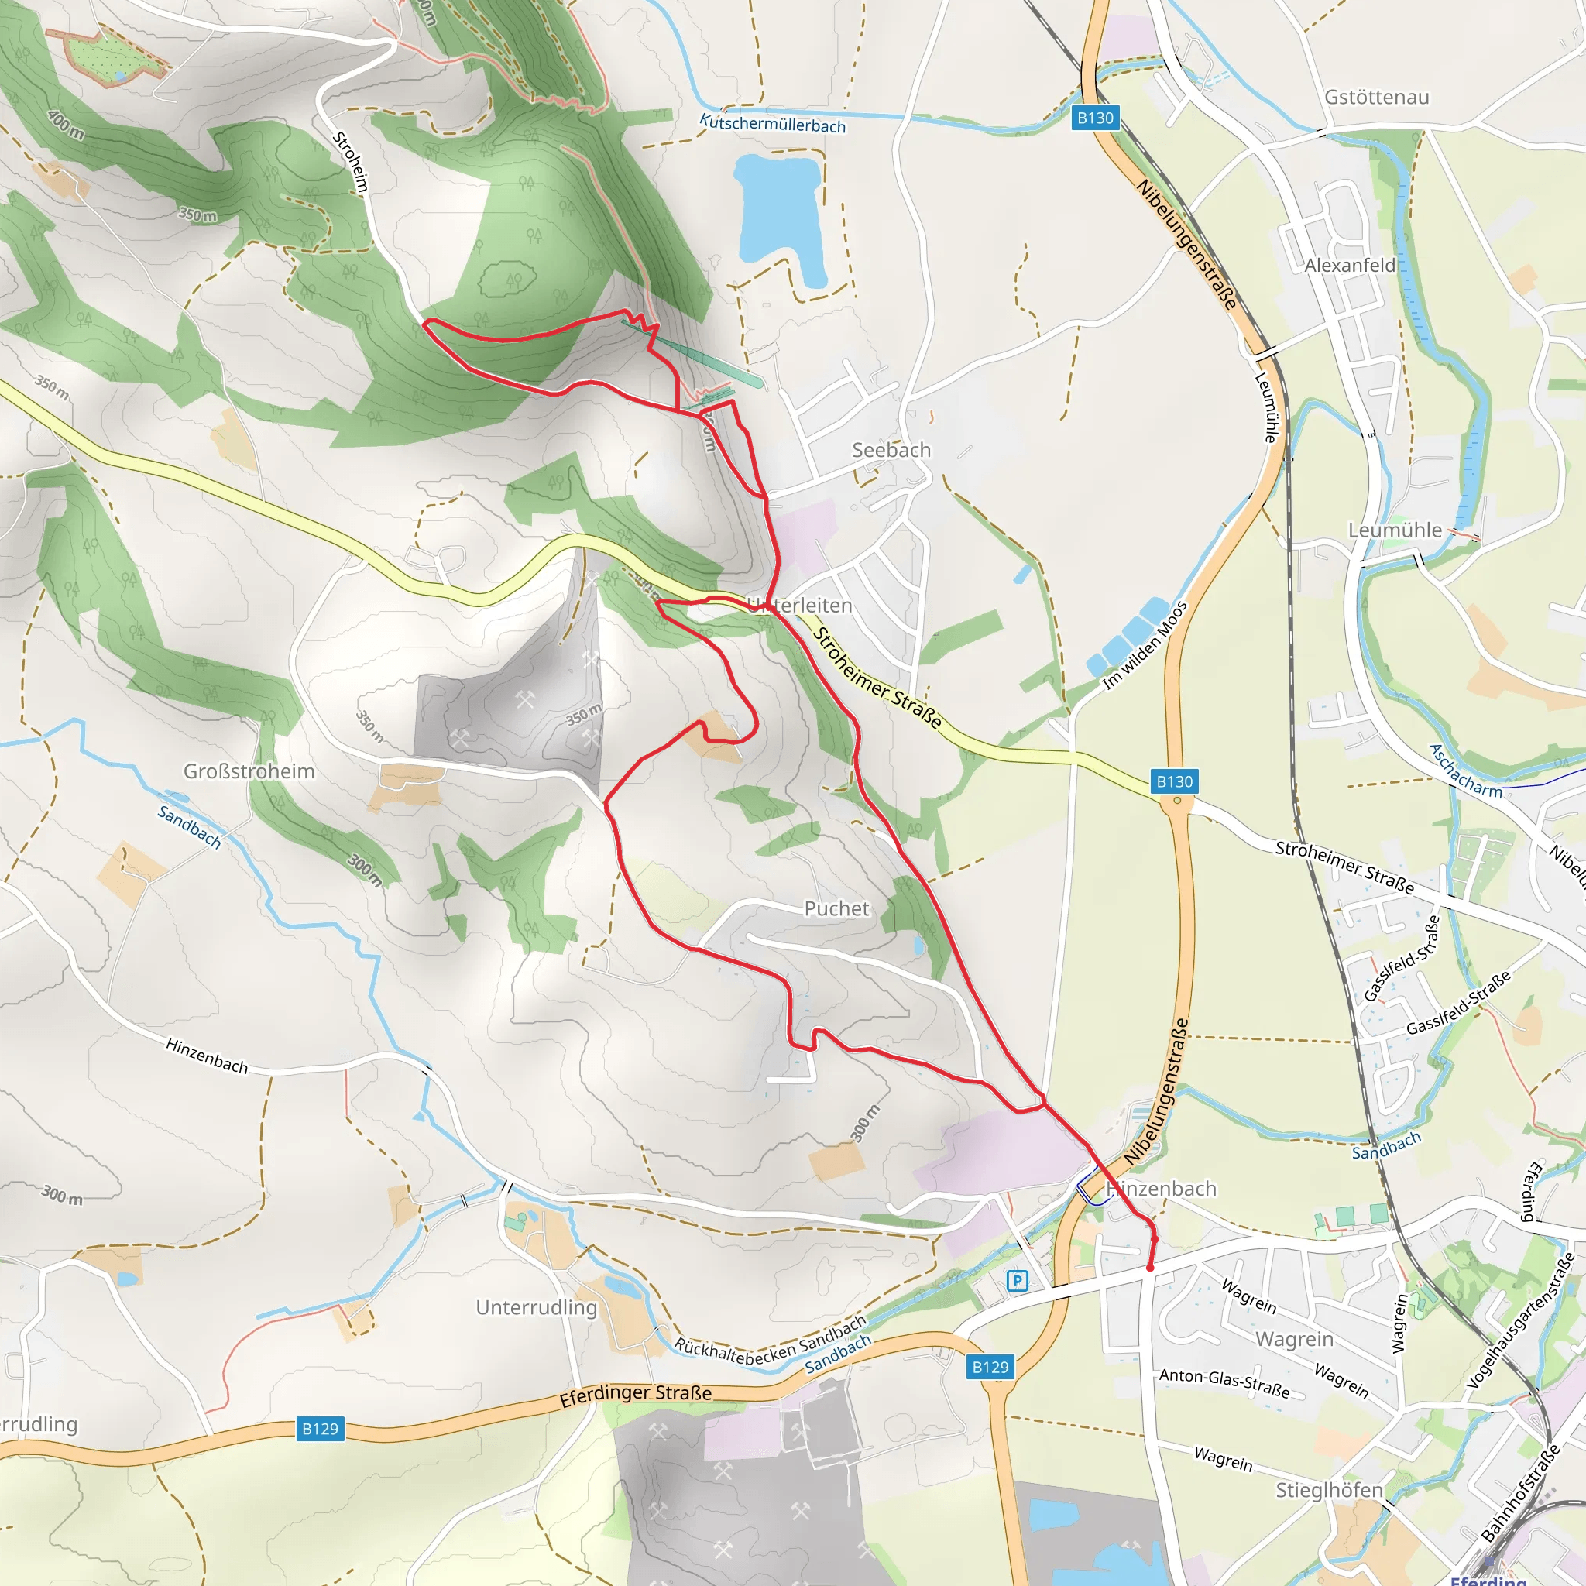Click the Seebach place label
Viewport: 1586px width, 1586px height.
891,450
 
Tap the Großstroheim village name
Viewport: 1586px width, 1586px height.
249,771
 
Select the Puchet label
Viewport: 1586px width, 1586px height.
836,908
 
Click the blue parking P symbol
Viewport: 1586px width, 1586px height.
1017,1281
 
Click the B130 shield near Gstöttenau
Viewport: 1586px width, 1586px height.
1095,118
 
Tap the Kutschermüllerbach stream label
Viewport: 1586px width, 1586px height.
771,124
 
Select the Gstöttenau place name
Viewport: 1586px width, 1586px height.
1377,97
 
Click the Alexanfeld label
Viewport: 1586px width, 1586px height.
1350,265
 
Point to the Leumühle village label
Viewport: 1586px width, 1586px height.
1395,530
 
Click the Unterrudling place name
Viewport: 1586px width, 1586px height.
536,1307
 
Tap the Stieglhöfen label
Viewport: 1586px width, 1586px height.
1329,1489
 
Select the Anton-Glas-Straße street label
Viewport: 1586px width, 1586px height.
1224,1383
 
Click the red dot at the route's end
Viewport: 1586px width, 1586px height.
1149,1268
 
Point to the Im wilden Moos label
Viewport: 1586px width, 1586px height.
1145,645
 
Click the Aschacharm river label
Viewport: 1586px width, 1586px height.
1465,771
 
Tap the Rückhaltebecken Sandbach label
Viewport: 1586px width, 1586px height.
770,1341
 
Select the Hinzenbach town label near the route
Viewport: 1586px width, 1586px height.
1161,1189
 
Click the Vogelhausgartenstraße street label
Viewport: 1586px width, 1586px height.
1520,1321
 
